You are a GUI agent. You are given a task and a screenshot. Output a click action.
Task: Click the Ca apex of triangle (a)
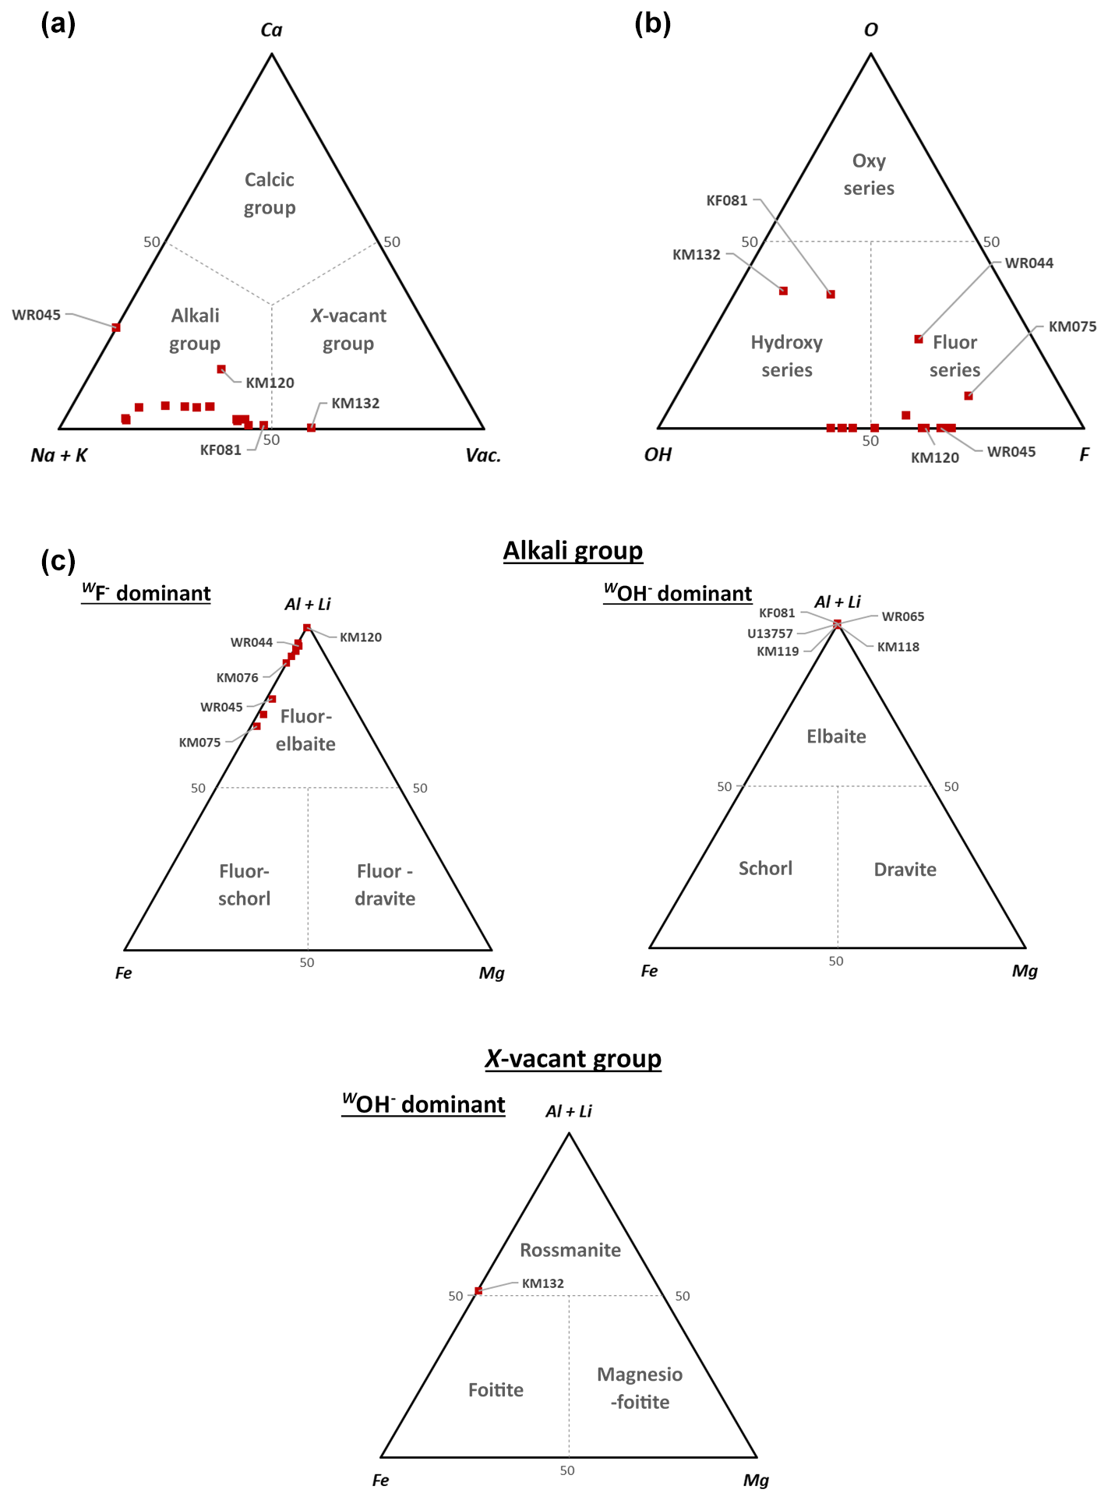click(x=272, y=54)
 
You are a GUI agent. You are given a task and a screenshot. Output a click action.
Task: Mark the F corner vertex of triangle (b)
click(x=1083, y=428)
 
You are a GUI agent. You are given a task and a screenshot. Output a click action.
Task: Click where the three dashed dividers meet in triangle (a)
click(x=272, y=304)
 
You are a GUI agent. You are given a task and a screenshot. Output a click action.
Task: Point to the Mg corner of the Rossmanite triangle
click(x=757, y=1456)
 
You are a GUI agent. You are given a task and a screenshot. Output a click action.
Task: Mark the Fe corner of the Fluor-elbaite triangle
click(x=125, y=950)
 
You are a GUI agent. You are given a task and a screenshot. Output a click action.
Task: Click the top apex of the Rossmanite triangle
click(x=570, y=1133)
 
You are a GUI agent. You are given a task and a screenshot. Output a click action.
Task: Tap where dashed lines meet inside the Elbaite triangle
click(x=838, y=786)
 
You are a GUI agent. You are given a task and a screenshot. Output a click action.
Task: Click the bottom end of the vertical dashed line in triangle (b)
click(x=871, y=428)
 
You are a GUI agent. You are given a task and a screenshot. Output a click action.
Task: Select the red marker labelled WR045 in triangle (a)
click(x=116, y=327)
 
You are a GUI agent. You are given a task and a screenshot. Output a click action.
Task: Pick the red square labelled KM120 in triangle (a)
click(x=221, y=369)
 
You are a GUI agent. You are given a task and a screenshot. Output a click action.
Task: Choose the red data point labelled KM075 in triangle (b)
click(x=969, y=396)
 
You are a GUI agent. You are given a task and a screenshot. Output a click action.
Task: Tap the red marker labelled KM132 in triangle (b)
click(x=784, y=291)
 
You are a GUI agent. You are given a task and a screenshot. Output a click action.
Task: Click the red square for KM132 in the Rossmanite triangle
click(x=478, y=1291)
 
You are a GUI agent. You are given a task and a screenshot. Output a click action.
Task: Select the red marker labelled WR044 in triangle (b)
click(x=919, y=339)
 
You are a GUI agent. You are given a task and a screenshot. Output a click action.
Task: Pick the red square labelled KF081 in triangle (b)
click(x=831, y=295)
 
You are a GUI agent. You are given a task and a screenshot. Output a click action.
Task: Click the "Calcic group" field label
click(x=270, y=194)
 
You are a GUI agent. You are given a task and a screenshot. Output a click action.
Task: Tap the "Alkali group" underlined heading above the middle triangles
click(x=573, y=551)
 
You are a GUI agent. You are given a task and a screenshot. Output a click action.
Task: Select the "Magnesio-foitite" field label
click(x=640, y=1388)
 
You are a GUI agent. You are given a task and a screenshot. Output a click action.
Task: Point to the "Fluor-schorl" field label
click(x=244, y=884)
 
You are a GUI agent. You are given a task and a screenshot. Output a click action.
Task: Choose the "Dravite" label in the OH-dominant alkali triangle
click(x=905, y=870)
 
